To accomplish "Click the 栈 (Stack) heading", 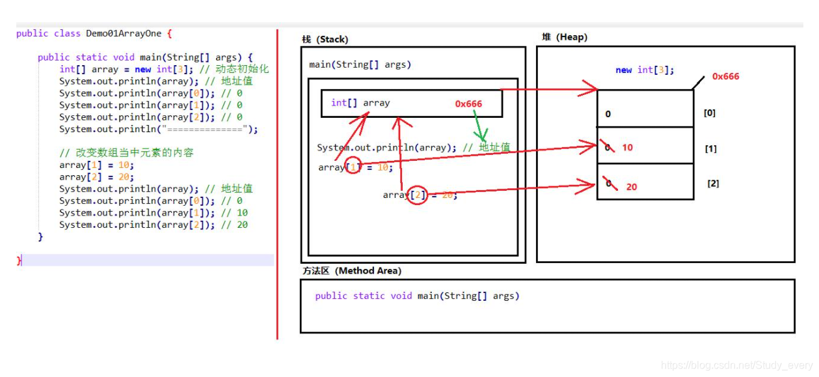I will click(x=325, y=40).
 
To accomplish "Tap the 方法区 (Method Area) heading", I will click(x=351, y=271).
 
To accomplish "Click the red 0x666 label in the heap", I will click(x=725, y=76).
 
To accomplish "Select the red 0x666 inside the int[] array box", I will click(x=468, y=104).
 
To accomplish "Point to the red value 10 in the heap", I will click(x=627, y=148).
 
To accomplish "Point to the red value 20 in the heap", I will click(x=632, y=187).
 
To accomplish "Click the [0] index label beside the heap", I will click(x=709, y=113).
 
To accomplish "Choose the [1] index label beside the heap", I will click(x=710, y=148).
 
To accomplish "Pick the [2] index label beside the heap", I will click(x=713, y=184).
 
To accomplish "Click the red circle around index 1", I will click(x=353, y=167).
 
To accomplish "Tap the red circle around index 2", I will click(x=418, y=195).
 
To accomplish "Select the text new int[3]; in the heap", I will click(x=645, y=70).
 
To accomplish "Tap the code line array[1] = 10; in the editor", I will click(x=96, y=165).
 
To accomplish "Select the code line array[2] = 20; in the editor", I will click(x=96, y=176).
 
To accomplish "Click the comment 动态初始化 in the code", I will click(x=245, y=69).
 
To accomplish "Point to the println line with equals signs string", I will click(x=158, y=129).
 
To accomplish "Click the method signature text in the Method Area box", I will click(x=417, y=296).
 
